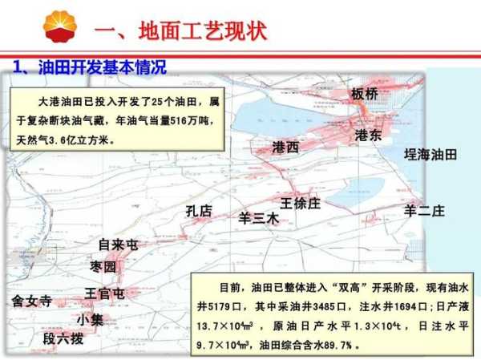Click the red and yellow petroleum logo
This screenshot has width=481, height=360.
tap(60, 26)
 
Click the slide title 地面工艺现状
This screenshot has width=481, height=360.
tap(203, 31)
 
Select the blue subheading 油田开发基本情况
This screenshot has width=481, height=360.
tap(103, 67)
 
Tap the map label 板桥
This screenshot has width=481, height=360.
tap(365, 94)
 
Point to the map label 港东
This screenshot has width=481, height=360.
tap(368, 135)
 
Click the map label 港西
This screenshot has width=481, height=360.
tap(285, 148)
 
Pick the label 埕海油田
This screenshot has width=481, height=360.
tap(430, 155)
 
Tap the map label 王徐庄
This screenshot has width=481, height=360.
tap(301, 204)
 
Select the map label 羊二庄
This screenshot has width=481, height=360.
tap(424, 211)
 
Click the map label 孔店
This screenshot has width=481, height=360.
tap(199, 212)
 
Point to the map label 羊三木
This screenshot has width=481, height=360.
tap(259, 219)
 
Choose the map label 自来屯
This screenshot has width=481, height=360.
tap(119, 245)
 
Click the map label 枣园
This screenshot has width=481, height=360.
tap(103, 267)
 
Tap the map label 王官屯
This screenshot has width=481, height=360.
tap(104, 293)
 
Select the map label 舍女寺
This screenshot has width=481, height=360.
tap(32, 301)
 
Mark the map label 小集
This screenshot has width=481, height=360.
tap(90, 320)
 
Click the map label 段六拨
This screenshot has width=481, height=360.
tap(63, 339)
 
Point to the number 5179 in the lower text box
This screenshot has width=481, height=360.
tap(220, 306)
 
